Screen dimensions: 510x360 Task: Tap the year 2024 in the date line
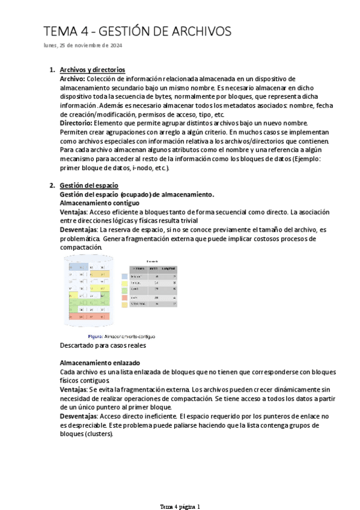(115, 46)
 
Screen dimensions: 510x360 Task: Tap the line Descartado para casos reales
(103, 345)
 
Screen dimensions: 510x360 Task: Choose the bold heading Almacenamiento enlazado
(100, 363)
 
